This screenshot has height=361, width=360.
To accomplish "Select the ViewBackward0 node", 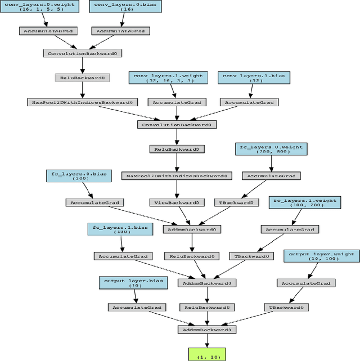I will coord(176,202).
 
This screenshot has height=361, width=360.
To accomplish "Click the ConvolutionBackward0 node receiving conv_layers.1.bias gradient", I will coord(176,124).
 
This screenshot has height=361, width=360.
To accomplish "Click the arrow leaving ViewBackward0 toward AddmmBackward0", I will coord(183,215).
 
